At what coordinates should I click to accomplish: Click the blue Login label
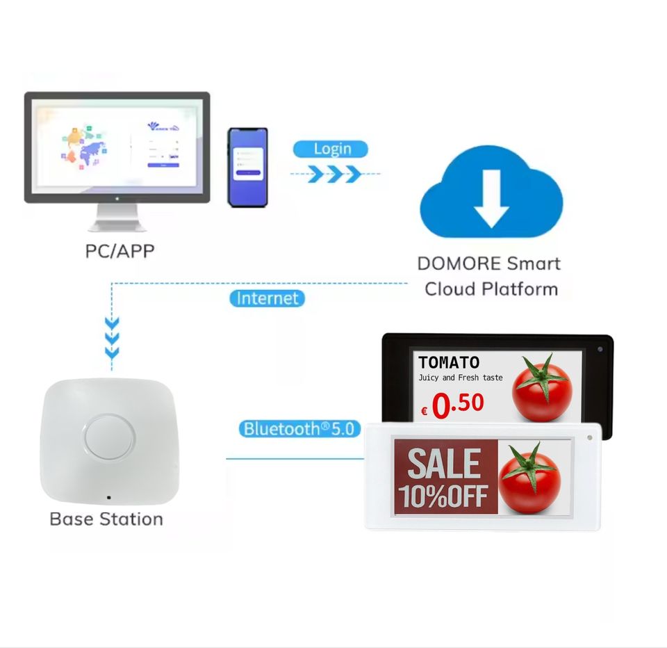[331, 149]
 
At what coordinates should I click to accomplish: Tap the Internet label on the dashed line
[267, 298]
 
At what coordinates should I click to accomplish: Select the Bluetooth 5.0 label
[300, 429]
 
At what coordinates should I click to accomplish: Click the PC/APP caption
[120, 250]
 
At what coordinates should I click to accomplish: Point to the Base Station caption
[106, 519]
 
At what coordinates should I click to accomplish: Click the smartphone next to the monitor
[248, 167]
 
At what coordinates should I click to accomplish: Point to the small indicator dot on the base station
[108, 498]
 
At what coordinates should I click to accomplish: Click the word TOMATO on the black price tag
[449, 362]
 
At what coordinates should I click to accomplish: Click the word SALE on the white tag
[444, 464]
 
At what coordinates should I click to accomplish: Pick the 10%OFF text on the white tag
[444, 496]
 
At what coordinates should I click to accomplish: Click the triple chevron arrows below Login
[333, 173]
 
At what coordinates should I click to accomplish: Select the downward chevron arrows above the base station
[112, 339]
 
